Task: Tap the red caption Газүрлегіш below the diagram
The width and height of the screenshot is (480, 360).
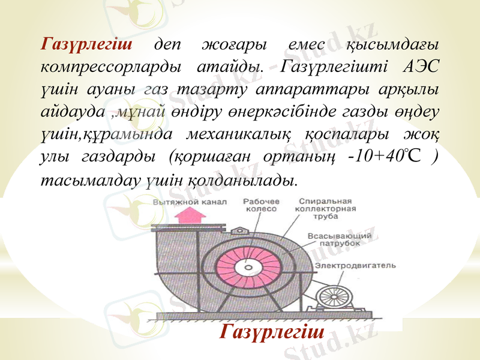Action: pyautogui.click(x=273, y=331)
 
